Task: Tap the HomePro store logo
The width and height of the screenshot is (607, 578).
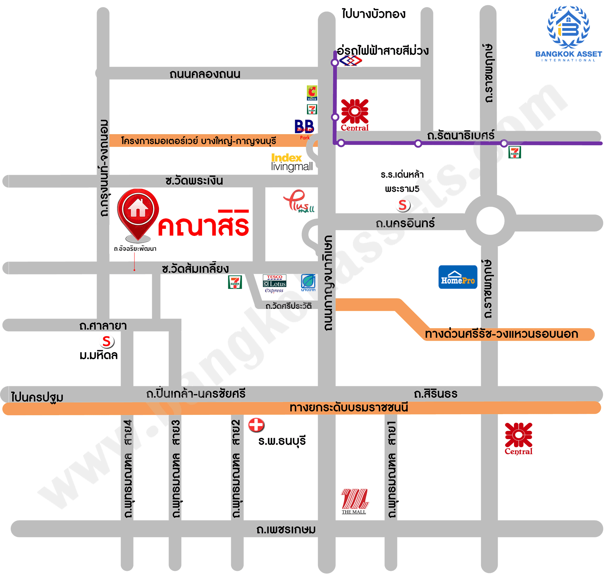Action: pos(458,277)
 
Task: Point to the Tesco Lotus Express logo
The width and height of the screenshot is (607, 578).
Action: pos(274,283)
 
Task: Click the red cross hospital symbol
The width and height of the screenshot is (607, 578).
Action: pos(256,425)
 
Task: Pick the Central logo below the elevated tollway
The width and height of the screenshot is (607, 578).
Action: pos(518,438)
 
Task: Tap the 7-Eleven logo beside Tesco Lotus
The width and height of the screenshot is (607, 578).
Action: pos(235,282)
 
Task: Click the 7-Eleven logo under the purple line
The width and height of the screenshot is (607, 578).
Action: pos(515,152)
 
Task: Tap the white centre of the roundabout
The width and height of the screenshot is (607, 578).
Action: pos(490,221)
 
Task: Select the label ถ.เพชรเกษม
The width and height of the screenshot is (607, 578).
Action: pos(286,529)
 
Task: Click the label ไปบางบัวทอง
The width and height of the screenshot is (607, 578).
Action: pos(373,14)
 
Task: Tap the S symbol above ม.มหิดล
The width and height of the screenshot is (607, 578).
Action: pos(107,341)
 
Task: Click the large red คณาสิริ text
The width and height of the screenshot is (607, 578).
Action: pos(203,223)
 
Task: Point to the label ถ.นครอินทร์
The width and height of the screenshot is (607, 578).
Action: pos(405,223)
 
